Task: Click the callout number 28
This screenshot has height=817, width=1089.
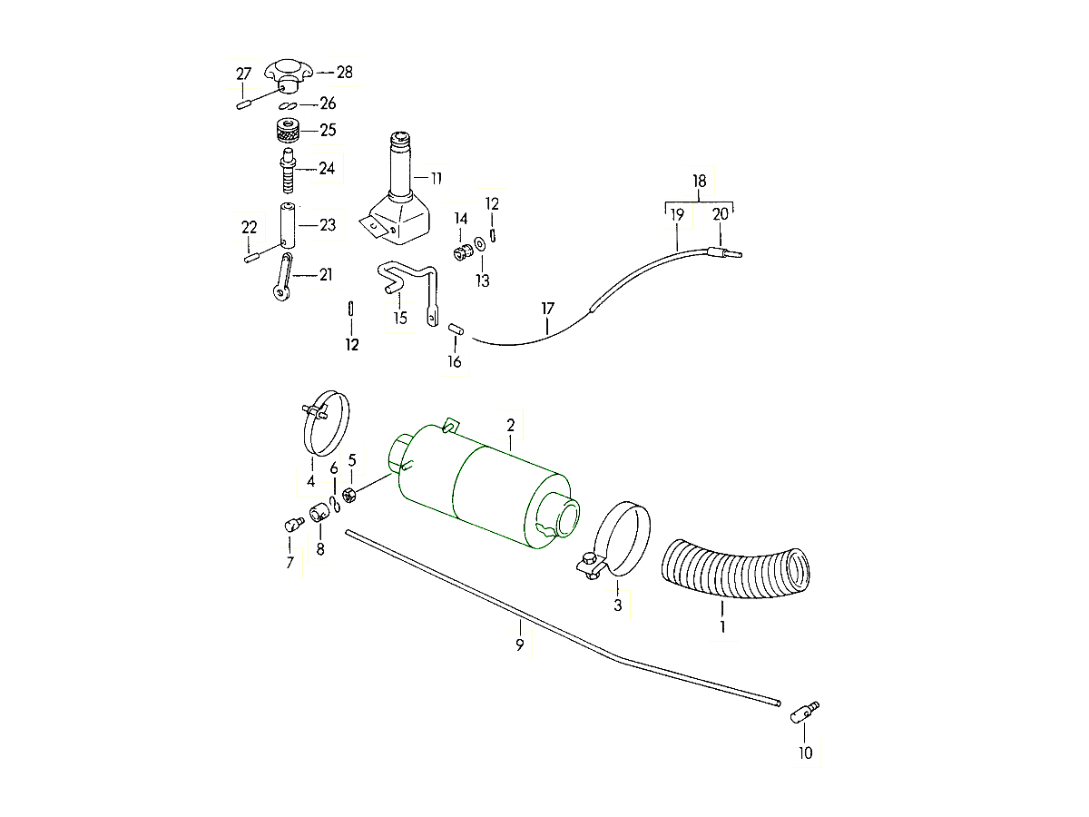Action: (x=345, y=73)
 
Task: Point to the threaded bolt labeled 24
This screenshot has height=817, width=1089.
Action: (x=287, y=172)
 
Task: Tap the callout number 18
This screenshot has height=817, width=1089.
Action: (x=700, y=182)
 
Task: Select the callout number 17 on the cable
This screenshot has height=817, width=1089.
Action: (x=547, y=310)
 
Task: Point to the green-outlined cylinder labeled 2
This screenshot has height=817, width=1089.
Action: (x=490, y=490)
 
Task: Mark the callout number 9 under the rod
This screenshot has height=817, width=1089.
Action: (x=520, y=645)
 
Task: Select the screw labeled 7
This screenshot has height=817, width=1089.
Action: (x=290, y=525)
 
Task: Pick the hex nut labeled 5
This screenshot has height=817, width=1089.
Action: (x=350, y=496)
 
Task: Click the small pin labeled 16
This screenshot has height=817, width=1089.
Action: (x=457, y=329)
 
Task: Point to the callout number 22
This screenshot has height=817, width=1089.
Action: (x=250, y=227)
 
